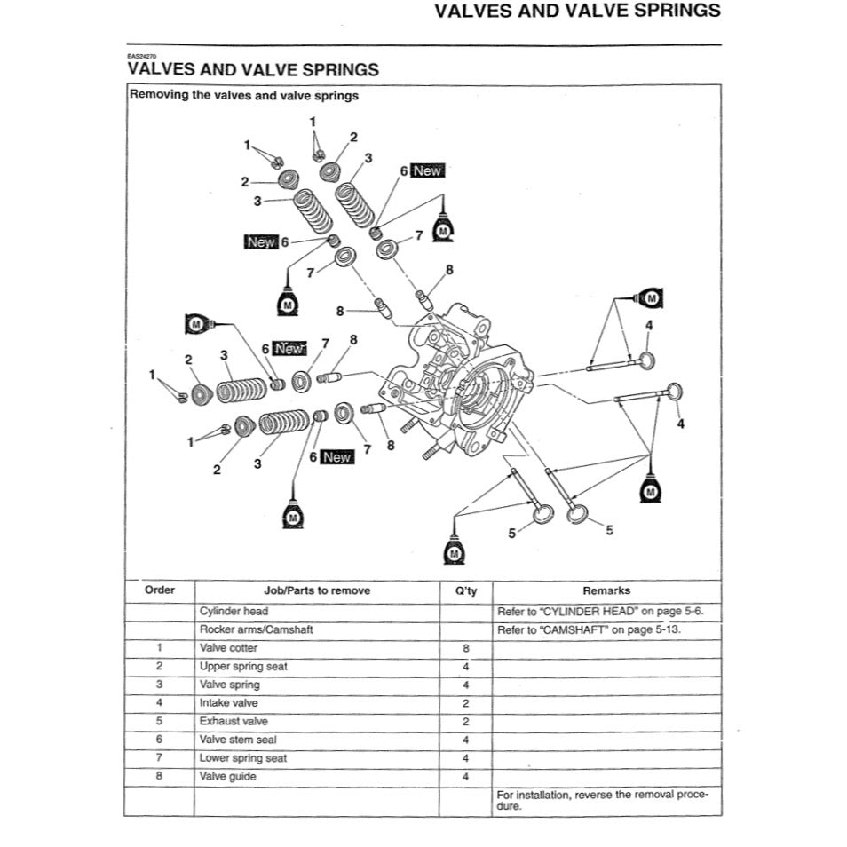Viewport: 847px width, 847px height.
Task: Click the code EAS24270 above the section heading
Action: [x=142, y=56]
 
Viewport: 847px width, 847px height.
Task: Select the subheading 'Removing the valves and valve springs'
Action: [x=244, y=96]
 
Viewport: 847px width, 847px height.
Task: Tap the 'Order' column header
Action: [x=160, y=590]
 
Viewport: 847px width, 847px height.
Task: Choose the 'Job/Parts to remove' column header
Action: [x=317, y=590]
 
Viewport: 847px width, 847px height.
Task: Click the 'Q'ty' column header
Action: [x=465, y=590]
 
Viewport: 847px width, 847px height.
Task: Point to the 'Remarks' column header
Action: [x=606, y=590]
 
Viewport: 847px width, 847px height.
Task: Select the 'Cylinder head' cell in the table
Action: [x=234, y=612]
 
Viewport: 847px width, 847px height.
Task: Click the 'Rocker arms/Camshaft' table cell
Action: [x=256, y=629]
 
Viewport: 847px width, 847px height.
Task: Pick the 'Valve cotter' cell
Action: [x=229, y=648]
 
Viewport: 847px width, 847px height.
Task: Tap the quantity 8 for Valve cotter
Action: [x=465, y=648]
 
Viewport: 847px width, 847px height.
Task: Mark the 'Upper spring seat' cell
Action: [x=243, y=666]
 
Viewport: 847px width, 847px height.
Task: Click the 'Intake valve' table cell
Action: [x=229, y=703]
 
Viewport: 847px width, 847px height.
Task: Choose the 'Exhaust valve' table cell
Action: [x=234, y=722]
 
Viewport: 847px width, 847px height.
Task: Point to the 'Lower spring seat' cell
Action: [x=243, y=758]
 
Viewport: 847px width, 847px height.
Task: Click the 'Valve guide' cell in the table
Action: [x=228, y=777]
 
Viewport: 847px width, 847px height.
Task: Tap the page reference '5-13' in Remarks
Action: [x=677, y=629]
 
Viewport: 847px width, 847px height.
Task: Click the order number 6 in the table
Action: [x=160, y=740]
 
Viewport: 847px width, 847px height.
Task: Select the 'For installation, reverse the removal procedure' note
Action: [x=603, y=800]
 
